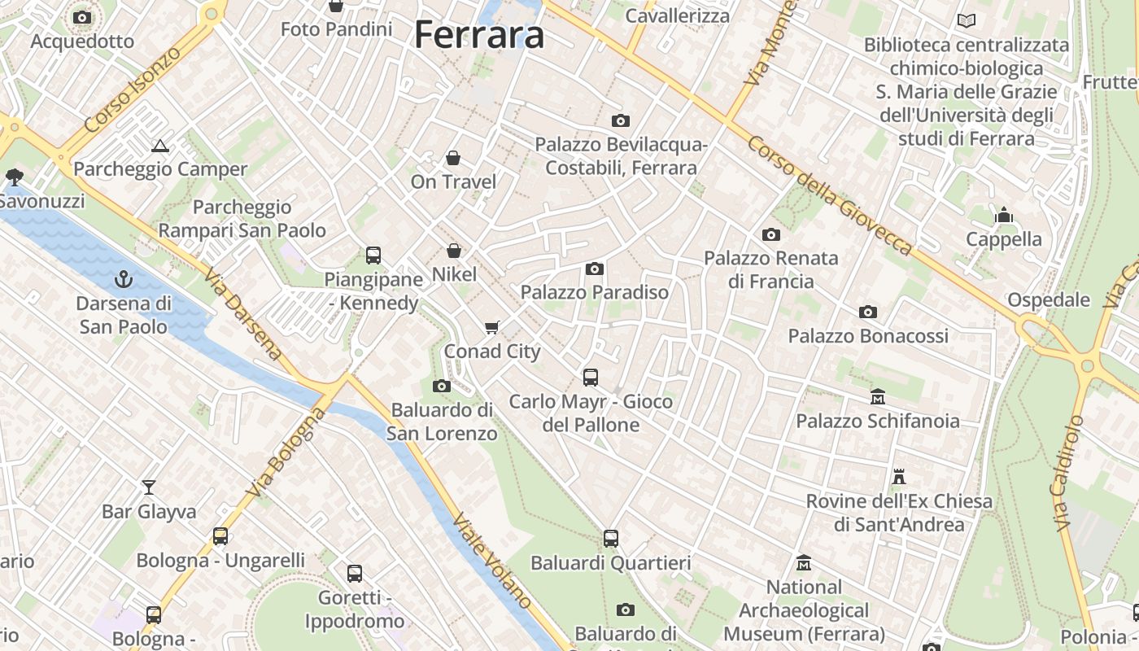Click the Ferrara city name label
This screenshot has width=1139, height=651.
[x=479, y=35]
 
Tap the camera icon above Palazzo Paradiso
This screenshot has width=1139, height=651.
[x=595, y=269]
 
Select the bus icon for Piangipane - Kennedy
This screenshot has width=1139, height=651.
[x=373, y=256]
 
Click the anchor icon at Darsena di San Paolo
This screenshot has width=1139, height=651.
[x=124, y=280]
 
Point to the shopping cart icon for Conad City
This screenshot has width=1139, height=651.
[x=491, y=328]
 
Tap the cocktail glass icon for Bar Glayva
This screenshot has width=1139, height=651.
[x=148, y=487]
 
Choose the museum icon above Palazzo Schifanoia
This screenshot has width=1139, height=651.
[x=878, y=397]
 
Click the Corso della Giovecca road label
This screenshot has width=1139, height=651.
[x=829, y=195]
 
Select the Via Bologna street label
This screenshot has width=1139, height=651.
[x=287, y=453]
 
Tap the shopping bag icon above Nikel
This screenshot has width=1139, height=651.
[x=454, y=251]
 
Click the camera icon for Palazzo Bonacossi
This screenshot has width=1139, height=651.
[x=868, y=312]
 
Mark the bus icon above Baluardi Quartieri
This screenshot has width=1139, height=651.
[x=611, y=539]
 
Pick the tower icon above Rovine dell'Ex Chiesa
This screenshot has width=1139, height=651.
[x=899, y=477]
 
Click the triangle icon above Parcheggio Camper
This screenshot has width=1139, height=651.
[x=160, y=146]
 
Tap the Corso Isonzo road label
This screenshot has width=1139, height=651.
[x=133, y=90]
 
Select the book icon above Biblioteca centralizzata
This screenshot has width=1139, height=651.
[x=967, y=21]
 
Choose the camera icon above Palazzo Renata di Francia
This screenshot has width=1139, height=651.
[x=771, y=235]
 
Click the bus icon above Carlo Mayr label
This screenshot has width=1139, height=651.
[x=591, y=378]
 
